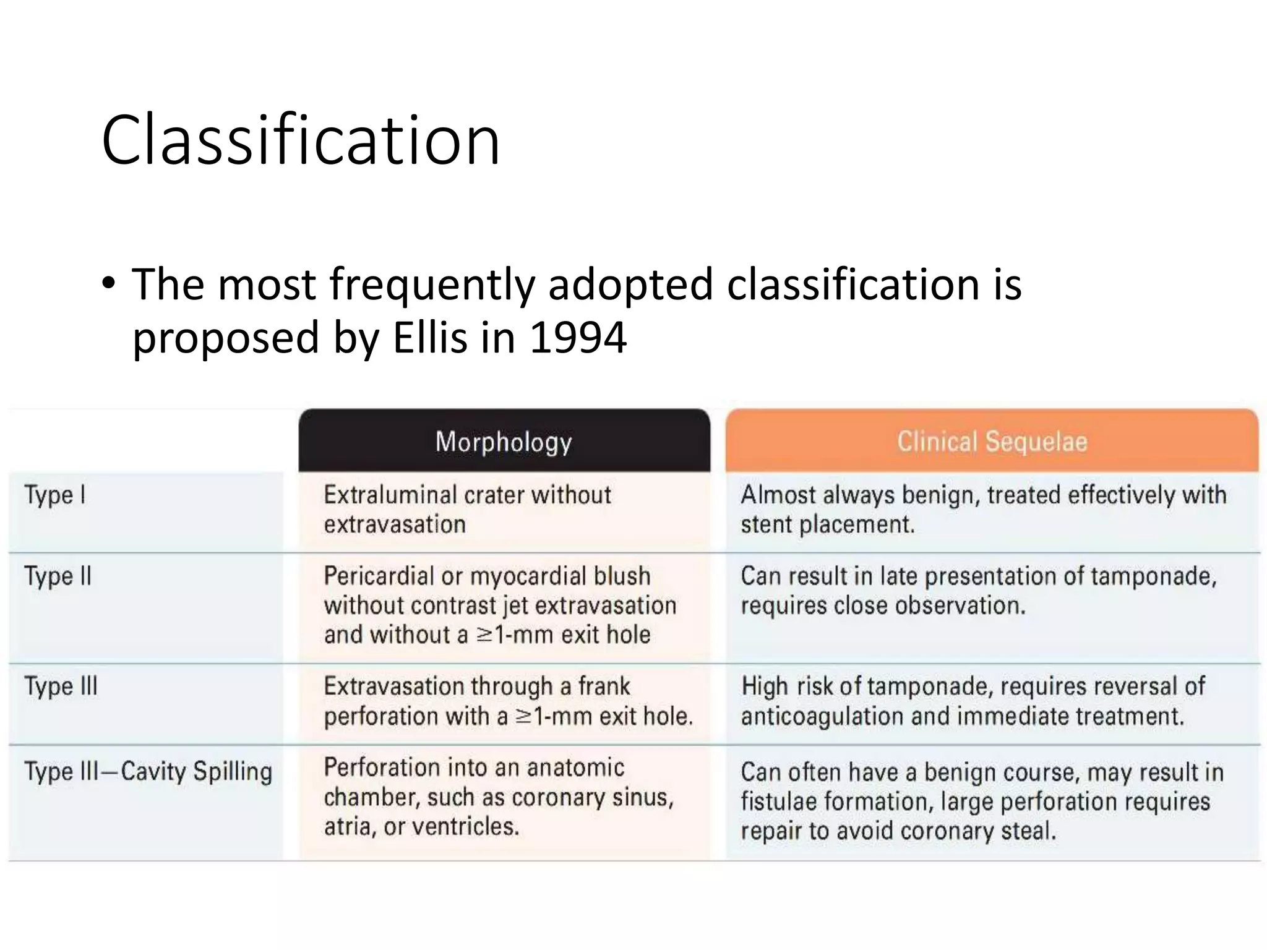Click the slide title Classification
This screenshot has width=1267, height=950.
coord(301,140)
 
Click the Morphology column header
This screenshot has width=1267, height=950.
coord(504,442)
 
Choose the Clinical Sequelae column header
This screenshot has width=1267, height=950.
coord(992,442)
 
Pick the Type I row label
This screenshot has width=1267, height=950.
coord(55,495)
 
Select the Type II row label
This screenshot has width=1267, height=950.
coord(58,576)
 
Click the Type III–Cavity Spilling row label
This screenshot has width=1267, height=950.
coord(148,772)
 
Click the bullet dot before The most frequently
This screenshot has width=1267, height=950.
coord(109,285)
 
